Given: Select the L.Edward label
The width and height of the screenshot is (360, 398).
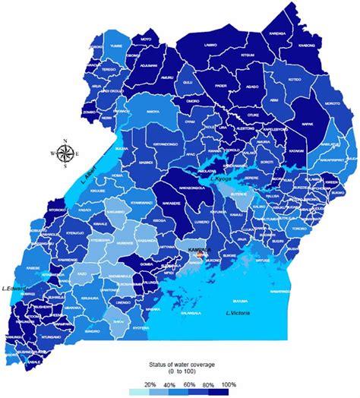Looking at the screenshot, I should (x=14, y=288).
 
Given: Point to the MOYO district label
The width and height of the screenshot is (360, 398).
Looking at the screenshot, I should (x=146, y=36).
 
